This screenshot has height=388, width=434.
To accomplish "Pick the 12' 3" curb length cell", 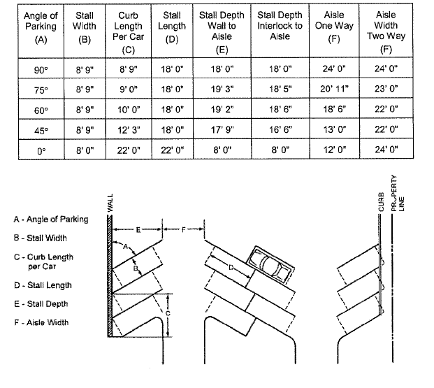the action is pos(127,129).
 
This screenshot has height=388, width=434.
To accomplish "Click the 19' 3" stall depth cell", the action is pos(217,89).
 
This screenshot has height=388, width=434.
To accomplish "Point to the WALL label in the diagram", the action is pos(110,203).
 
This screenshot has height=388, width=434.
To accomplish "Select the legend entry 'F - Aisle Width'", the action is pos(41,322).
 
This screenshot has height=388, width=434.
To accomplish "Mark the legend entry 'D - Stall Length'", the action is pos(43,285).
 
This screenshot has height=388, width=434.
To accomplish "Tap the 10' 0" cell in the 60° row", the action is pos(127,110).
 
